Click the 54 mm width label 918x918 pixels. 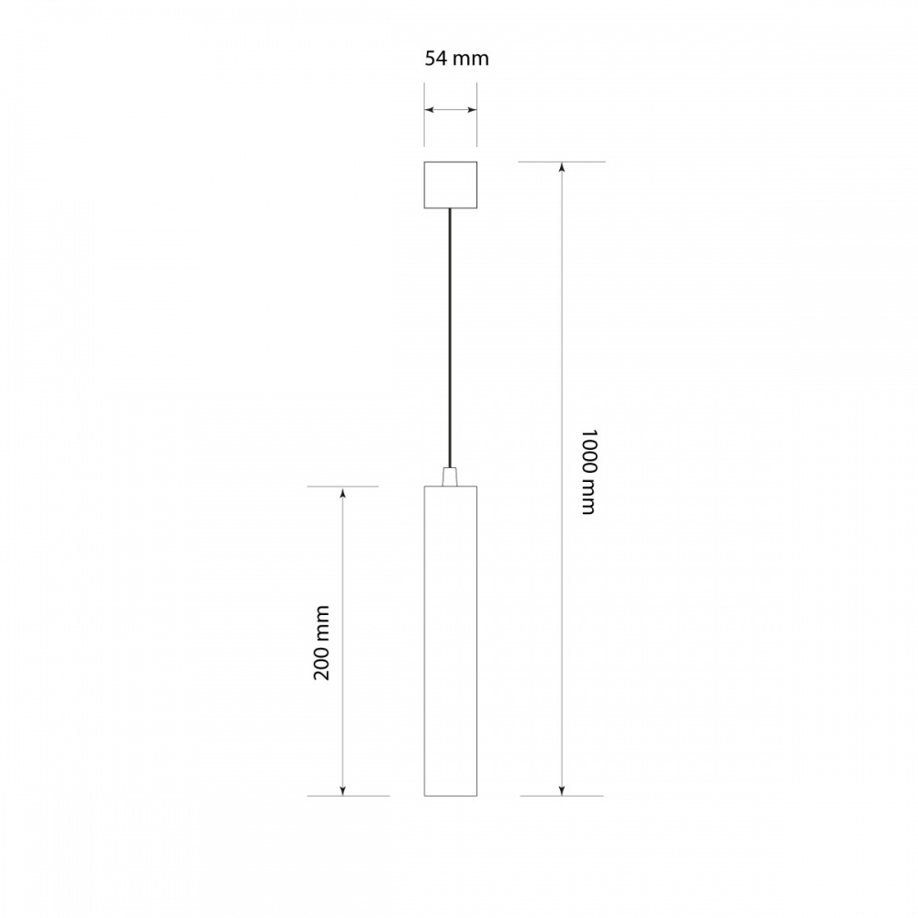pyautogui.click(x=456, y=59)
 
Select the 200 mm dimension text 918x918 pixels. pyautogui.click(x=321, y=643)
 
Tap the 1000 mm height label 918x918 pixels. pyautogui.click(x=588, y=471)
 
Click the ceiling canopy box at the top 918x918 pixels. pyautogui.click(x=450, y=185)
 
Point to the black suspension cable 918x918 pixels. pyautogui.click(x=450, y=340)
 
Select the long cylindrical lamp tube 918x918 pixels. pyautogui.click(x=450, y=643)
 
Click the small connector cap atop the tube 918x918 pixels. pyautogui.click(x=450, y=477)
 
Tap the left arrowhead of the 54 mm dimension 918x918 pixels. pyautogui.click(x=429, y=110)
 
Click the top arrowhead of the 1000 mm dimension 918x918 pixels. pyautogui.click(x=562, y=167)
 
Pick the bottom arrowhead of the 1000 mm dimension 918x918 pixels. pyautogui.click(x=562, y=790)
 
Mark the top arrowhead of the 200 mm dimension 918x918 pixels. pyautogui.click(x=343, y=492)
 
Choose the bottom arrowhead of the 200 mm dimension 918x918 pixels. pyautogui.click(x=343, y=790)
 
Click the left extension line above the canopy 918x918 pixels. pyautogui.click(x=424, y=115)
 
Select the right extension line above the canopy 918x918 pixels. pyautogui.click(x=477, y=115)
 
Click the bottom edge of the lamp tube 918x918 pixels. pyautogui.click(x=450, y=795)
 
